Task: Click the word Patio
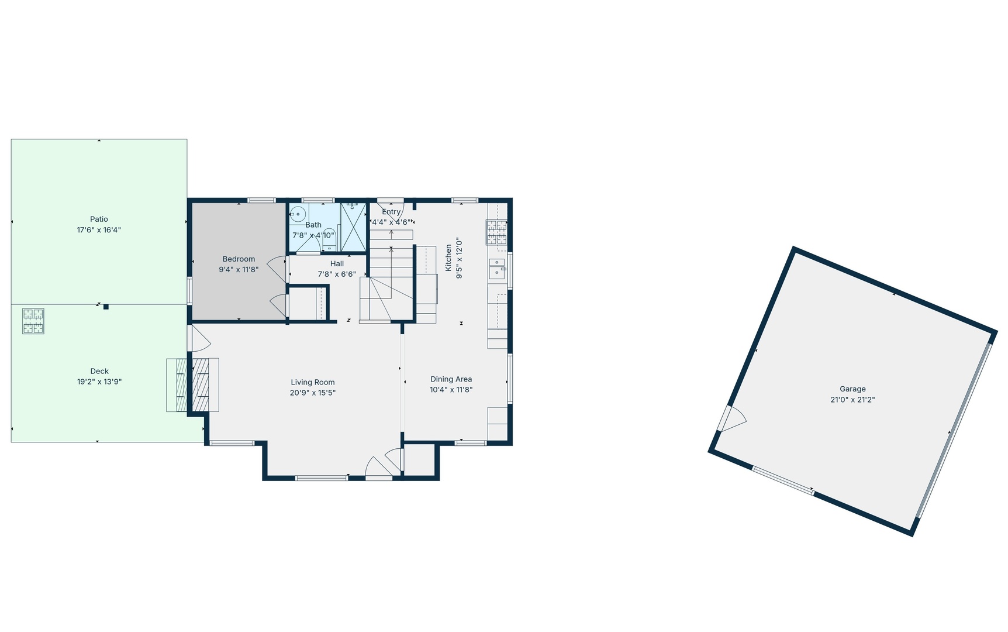[x=99, y=219]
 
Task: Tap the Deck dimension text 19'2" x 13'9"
[x=99, y=382]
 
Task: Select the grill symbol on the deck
[x=33, y=321]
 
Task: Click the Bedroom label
[x=239, y=259]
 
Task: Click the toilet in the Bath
[x=329, y=238]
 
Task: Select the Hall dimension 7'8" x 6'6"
[x=337, y=274]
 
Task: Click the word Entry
[x=391, y=212]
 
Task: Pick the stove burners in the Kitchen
[x=496, y=232]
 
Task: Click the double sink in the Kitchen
[x=497, y=269]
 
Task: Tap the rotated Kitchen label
[x=448, y=258]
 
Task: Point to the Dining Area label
[x=451, y=379]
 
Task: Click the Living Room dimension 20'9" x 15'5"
[x=313, y=393]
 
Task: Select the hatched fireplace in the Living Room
[x=201, y=384]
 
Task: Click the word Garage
[x=852, y=389]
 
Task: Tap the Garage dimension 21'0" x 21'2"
[x=852, y=400]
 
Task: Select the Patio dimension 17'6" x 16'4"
[x=99, y=231]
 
